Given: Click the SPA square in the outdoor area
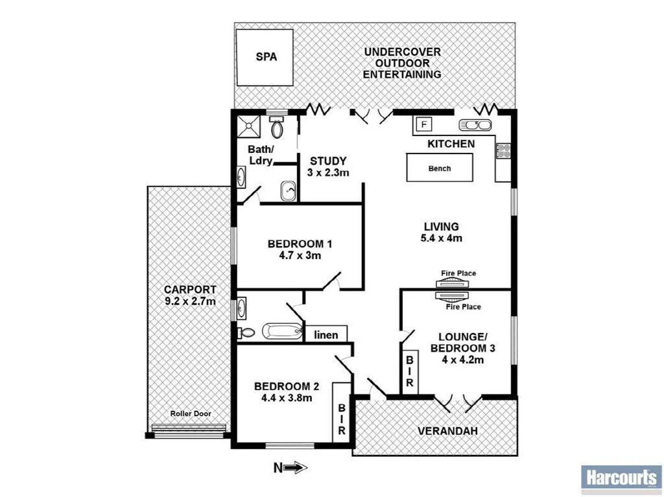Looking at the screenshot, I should pyautogui.click(x=266, y=57).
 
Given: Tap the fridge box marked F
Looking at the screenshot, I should pyautogui.click(x=425, y=124).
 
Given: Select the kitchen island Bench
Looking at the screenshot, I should pyautogui.click(x=439, y=168).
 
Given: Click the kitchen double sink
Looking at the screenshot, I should pyautogui.click(x=477, y=125).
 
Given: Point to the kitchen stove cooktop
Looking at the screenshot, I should pyautogui.click(x=503, y=151).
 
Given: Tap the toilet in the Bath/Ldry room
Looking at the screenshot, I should pyautogui.click(x=278, y=126).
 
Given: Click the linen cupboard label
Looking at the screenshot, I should pyautogui.click(x=326, y=334).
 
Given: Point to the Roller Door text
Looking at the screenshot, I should pyautogui.click(x=190, y=413).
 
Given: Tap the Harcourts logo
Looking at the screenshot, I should pyautogui.click(x=621, y=480).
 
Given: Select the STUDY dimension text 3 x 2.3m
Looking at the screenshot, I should pyautogui.click(x=328, y=173).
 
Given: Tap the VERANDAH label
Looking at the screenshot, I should pyautogui.click(x=444, y=431).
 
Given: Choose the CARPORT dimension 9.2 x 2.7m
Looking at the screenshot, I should pyautogui.click(x=190, y=301).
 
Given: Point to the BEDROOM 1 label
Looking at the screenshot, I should pyautogui.click(x=300, y=244).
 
